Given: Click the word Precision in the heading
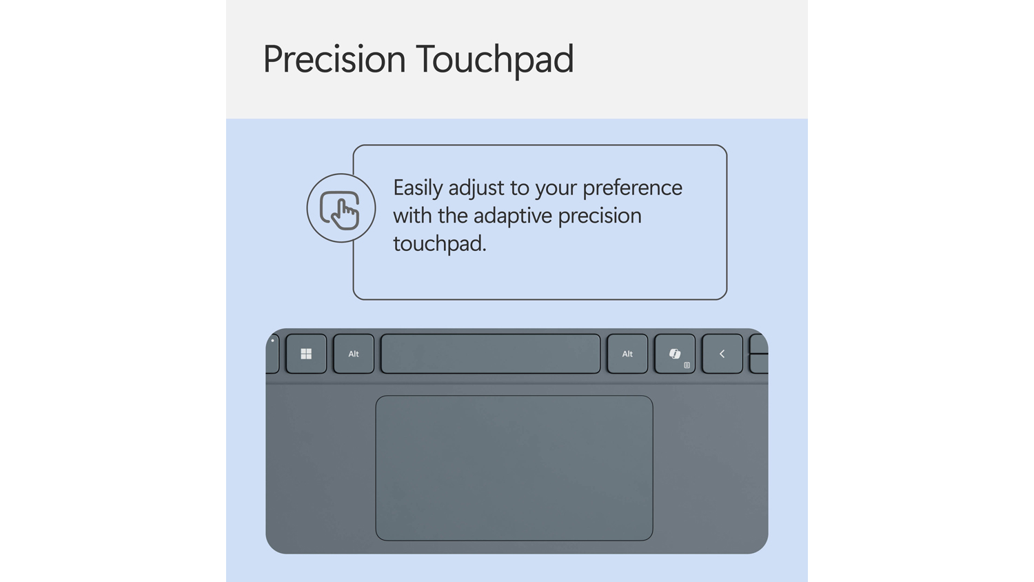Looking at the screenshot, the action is point(334,59).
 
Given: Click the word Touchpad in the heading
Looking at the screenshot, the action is point(495,59).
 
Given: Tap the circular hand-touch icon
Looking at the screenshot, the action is point(341,208).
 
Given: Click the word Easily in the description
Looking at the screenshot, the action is point(418,188).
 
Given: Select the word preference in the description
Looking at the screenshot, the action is point(632,188).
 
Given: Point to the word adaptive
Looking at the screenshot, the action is point(513,216).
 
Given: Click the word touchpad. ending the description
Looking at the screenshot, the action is point(440,243).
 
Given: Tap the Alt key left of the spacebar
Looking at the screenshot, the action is point(354,354).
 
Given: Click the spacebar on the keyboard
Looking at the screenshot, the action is point(490,354).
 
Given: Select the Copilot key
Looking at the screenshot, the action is point(675,354).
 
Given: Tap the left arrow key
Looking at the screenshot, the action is point(722,354).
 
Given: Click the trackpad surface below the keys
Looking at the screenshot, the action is point(514,468).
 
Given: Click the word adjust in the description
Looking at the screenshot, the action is point(476,188).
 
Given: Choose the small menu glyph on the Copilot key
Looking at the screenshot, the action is point(687,365).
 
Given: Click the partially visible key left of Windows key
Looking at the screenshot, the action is point(272,354).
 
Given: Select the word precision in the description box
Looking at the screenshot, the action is point(600,217).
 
